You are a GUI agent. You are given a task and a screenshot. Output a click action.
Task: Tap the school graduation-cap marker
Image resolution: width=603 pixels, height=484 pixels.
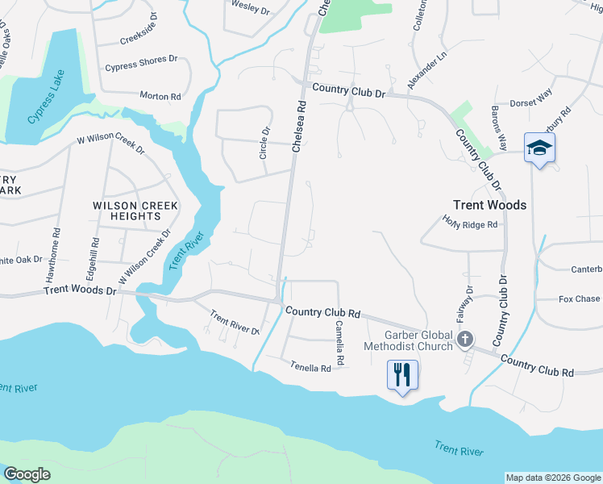point(539,148)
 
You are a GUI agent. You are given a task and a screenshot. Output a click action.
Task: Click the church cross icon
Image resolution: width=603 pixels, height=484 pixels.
point(465,339)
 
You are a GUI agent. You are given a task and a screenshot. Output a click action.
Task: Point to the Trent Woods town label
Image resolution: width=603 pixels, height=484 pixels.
point(489,205)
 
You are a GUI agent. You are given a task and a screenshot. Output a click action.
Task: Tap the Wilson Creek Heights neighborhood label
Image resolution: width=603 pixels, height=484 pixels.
point(127,211)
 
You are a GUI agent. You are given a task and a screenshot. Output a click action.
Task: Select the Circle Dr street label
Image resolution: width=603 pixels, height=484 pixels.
point(265,143)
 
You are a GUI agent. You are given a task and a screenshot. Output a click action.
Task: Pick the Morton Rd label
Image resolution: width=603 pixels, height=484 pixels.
point(160,96)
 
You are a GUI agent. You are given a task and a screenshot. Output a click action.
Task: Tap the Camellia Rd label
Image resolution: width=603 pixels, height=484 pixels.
point(339,343)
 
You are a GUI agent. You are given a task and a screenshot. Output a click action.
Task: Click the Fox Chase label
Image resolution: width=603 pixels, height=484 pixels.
point(579,299)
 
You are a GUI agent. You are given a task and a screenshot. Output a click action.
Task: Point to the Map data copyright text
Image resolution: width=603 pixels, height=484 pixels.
point(552,478)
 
